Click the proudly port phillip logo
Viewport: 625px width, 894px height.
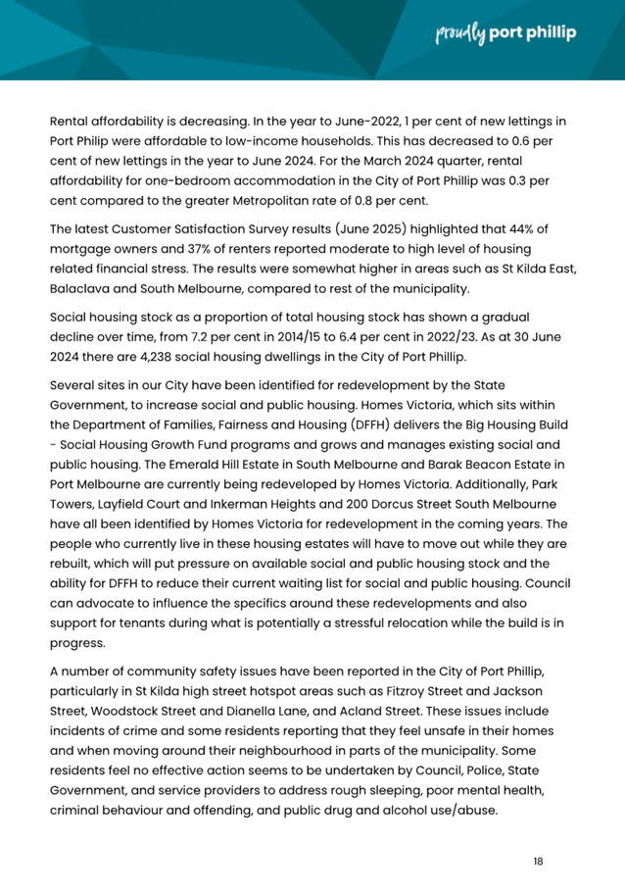pos(505,33)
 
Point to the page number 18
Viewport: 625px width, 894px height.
pos(538,861)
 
